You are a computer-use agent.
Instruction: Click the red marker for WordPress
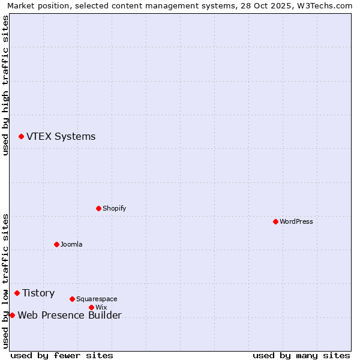275,221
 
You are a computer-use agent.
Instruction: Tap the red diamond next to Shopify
98,208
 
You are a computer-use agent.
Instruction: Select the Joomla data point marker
56,244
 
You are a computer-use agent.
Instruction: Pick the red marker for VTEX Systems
21,137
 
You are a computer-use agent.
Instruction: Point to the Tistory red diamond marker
17,293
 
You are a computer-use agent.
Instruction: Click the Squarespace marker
72,299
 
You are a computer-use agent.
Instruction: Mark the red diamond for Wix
91,307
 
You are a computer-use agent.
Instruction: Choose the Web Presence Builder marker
12,315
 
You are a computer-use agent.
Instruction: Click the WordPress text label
296,221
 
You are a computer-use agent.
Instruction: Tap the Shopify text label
114,208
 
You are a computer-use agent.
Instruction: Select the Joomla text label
71,244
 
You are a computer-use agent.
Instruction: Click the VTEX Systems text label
61,137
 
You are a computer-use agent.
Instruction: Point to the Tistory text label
38,293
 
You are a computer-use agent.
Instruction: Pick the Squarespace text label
97,299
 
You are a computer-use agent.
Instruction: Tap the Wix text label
101,307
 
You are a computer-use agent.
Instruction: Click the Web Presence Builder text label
70,315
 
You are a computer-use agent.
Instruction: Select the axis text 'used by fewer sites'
62,355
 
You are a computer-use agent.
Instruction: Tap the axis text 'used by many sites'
301,355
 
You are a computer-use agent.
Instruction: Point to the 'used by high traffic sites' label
5,85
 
